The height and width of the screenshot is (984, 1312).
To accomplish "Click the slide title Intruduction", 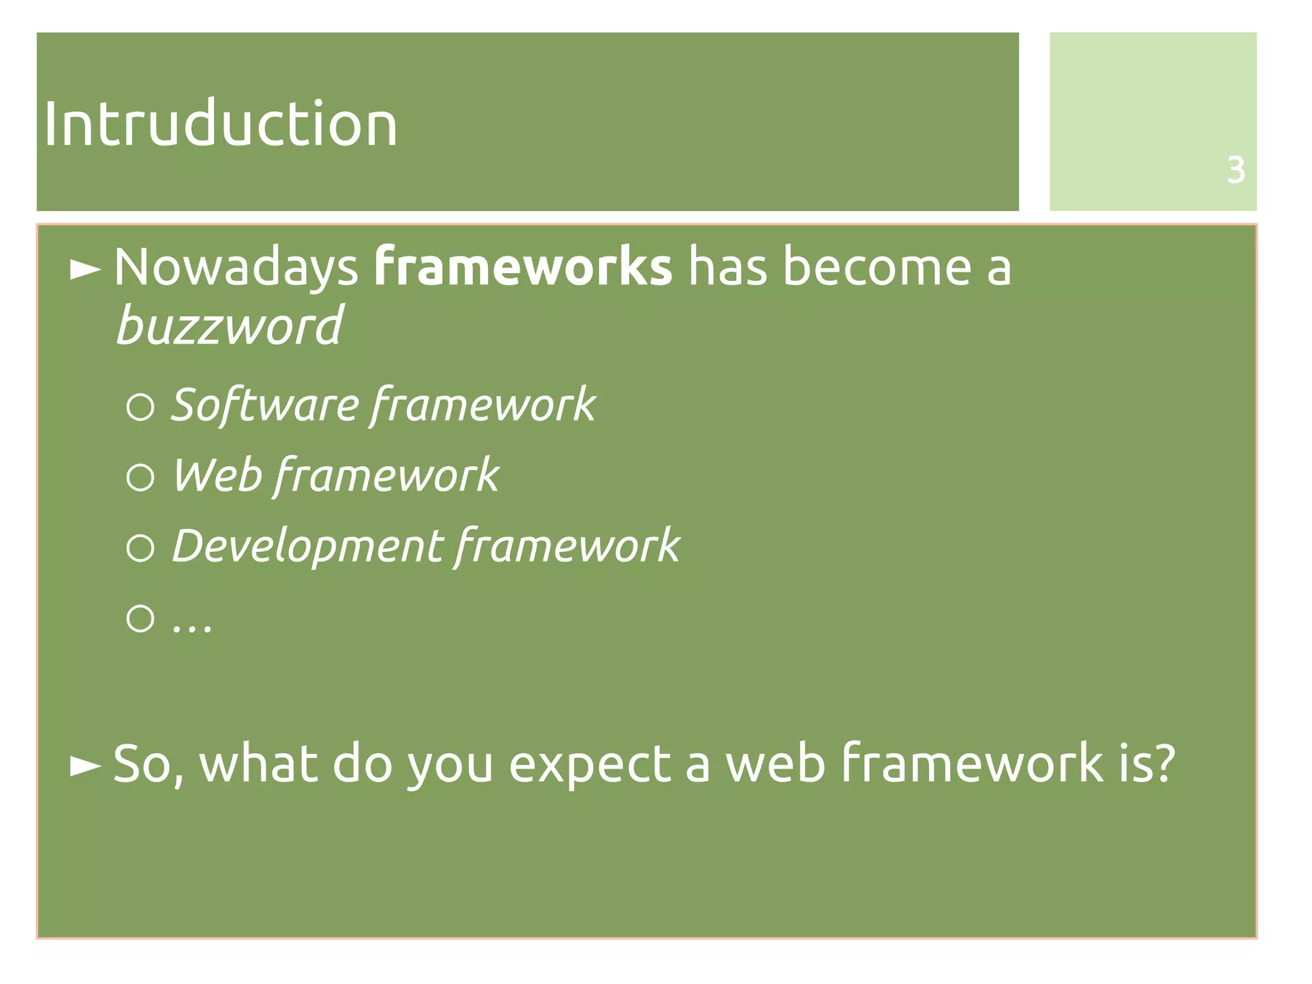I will [x=220, y=124].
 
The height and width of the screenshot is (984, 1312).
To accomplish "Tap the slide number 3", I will [x=1236, y=171].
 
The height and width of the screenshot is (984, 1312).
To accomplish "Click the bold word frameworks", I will [x=523, y=267].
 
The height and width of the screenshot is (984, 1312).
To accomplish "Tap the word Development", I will [x=307, y=546].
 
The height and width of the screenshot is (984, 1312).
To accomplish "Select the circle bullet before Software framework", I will [x=140, y=407].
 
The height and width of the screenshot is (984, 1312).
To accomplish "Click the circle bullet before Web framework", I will [x=140, y=478].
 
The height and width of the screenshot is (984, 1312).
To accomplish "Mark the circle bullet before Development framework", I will [x=140, y=548].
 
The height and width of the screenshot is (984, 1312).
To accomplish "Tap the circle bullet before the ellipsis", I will [x=140, y=619].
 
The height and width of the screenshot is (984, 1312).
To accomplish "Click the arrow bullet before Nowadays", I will [x=85, y=270].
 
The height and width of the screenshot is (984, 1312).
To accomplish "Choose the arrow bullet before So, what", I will [x=85, y=765].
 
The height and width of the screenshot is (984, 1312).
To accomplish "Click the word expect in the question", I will [x=589, y=764].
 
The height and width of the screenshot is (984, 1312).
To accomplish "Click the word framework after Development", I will [x=568, y=546].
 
